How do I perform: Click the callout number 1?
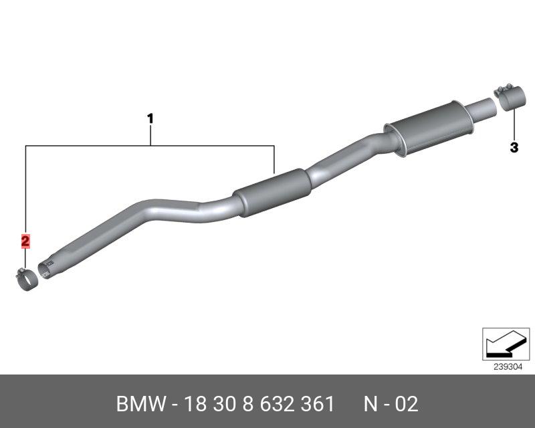click(x=150, y=119)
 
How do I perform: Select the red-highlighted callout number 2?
click(x=25, y=241)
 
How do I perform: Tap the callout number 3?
click(x=514, y=148)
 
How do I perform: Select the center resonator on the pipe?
click(x=273, y=193)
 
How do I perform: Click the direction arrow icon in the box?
click(x=506, y=344)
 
